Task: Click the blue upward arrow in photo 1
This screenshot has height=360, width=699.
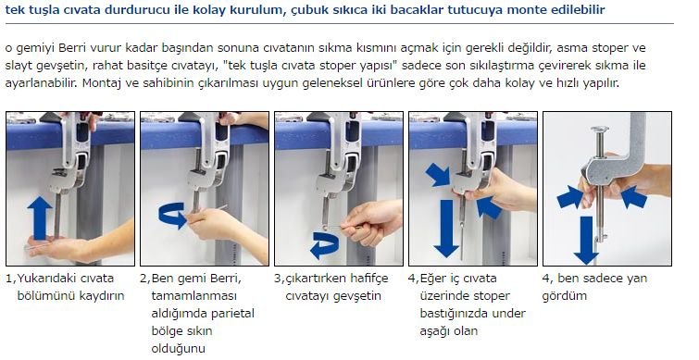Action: (40, 218)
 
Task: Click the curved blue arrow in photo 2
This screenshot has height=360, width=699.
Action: (172, 216)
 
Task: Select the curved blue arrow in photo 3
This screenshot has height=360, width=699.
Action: (324, 245)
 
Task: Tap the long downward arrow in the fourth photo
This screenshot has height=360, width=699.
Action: (446, 228)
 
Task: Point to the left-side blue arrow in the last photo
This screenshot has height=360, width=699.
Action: (569, 197)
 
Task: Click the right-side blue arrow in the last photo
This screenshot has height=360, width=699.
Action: (633, 197)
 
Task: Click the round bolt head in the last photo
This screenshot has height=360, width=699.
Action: (600, 130)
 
